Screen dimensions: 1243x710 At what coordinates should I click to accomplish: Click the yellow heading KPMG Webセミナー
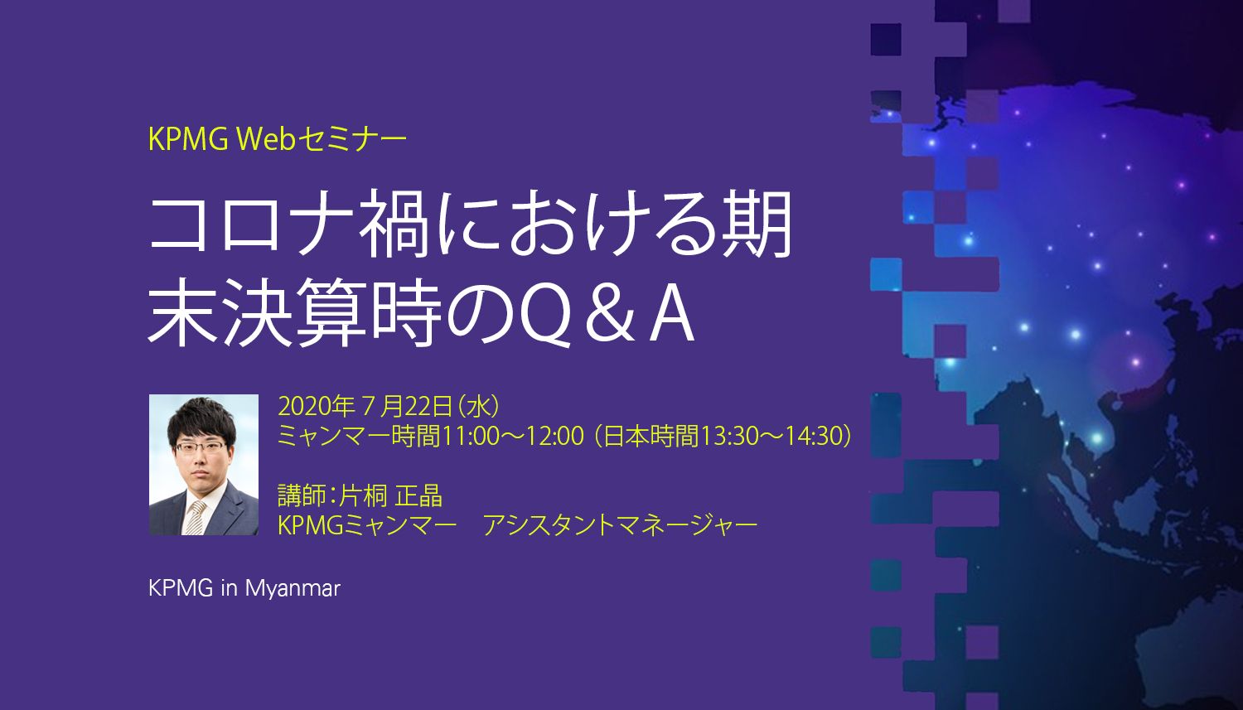[x=278, y=140]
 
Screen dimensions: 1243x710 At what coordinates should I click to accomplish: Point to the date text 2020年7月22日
[x=365, y=407]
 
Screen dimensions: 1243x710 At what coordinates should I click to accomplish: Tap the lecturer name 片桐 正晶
[x=390, y=495]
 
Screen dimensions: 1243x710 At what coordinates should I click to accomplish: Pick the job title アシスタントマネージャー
[x=620, y=525]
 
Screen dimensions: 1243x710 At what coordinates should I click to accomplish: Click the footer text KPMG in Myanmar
[x=244, y=588]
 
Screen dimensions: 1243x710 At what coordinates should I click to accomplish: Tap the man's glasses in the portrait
[x=200, y=447]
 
